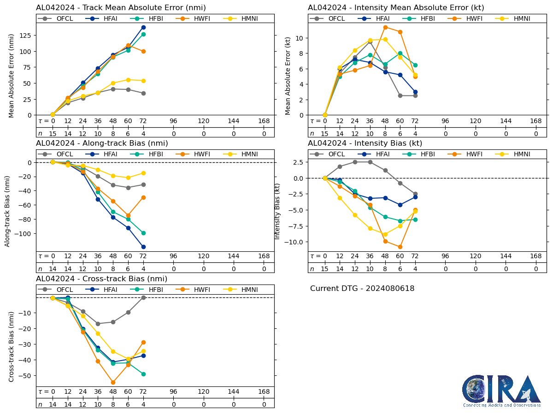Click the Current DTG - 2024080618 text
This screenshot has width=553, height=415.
[x=362, y=289]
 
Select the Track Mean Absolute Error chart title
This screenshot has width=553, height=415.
[x=121, y=8]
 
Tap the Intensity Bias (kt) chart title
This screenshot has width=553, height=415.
[x=365, y=143]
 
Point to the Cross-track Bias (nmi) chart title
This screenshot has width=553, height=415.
[x=101, y=279]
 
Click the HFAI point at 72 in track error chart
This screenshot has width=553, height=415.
[x=143, y=27]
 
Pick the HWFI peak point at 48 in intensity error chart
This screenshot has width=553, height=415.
[x=385, y=27]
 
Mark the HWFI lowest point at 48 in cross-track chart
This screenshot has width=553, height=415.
[x=113, y=382]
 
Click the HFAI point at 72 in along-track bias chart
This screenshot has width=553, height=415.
[x=143, y=247]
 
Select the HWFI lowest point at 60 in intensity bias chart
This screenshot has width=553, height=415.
[x=400, y=247]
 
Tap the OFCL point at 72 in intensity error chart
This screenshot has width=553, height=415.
[x=415, y=96]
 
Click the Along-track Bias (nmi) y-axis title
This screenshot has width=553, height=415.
[x=8, y=205]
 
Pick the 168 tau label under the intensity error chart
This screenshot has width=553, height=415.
[x=536, y=121]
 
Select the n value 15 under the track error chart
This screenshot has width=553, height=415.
[x=53, y=134]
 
